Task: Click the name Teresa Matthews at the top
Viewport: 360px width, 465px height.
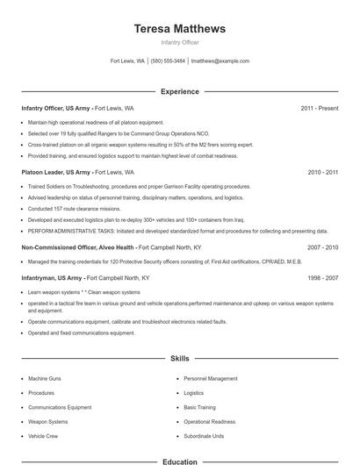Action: pos(180,28)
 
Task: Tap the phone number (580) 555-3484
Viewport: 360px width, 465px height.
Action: pos(169,61)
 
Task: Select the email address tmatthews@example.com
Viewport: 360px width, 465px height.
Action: pos(220,61)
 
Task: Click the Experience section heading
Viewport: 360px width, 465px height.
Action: pos(180,91)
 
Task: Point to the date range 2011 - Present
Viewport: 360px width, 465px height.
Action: pos(320,108)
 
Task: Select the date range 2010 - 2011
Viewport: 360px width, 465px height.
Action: pos(323,173)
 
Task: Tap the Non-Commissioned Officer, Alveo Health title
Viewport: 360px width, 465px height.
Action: pos(77,248)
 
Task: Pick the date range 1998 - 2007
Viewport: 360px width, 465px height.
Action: pos(323,277)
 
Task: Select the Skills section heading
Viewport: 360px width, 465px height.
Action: pos(180,359)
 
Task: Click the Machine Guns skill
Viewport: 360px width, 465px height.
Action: pos(45,378)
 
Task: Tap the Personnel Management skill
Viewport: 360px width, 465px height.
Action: pos(211,378)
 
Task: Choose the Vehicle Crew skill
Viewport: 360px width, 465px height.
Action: pos(43,435)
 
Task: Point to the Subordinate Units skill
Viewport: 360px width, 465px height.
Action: pos(204,435)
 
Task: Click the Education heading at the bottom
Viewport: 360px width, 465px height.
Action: pos(180,461)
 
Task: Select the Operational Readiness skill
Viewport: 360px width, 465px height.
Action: pos(209,421)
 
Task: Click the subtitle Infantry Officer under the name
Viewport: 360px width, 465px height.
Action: pos(180,42)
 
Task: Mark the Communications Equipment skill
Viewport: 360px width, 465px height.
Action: pos(60,407)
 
